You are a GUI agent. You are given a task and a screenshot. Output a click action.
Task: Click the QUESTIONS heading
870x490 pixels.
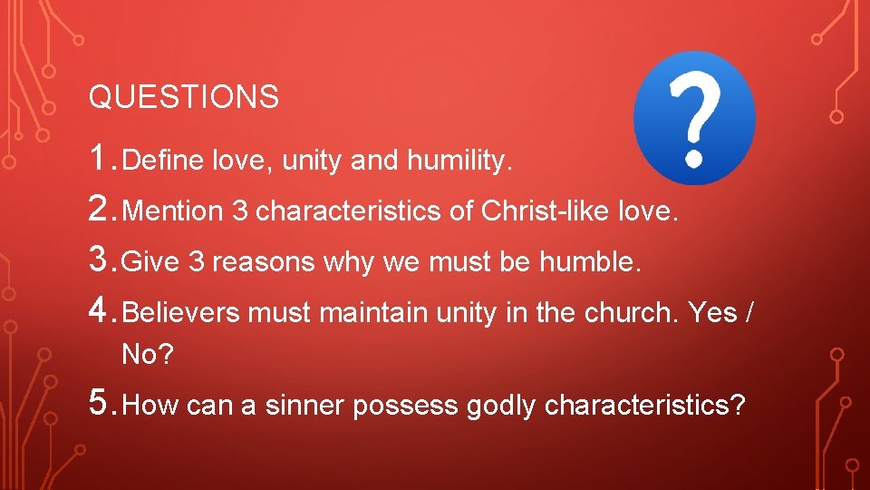(x=183, y=97)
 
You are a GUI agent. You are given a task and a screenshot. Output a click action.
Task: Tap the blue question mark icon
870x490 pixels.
(x=694, y=118)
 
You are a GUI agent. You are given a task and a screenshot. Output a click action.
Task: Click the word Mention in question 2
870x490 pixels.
(x=172, y=212)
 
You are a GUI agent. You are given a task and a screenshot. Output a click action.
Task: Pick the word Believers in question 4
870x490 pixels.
(x=180, y=314)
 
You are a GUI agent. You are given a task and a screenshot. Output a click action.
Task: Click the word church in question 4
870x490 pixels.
(x=632, y=314)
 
